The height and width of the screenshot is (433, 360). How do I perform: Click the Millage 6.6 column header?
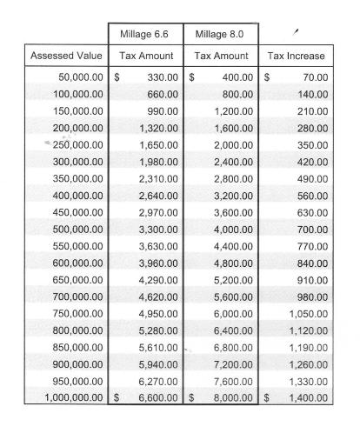click(146, 34)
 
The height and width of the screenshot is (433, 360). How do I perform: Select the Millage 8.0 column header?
click(220, 34)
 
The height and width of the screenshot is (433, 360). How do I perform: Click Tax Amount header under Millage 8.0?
click(220, 56)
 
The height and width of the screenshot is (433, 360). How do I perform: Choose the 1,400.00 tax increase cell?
click(309, 397)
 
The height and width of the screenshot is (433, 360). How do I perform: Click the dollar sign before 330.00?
click(117, 77)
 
